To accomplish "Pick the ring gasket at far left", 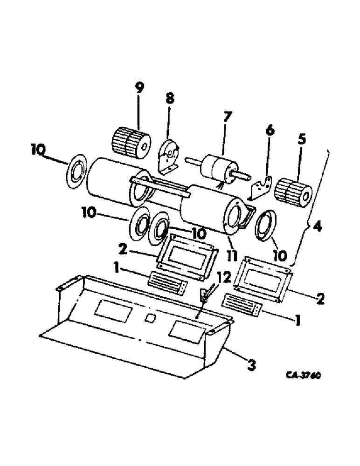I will [x=74, y=174].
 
